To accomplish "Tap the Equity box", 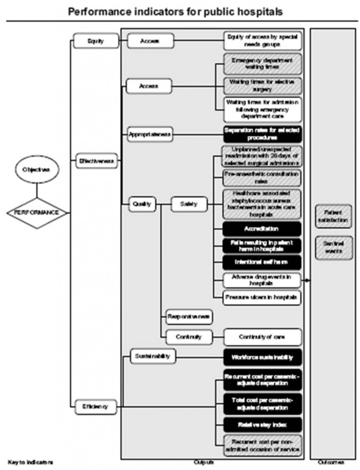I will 96,41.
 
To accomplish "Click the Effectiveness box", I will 96,161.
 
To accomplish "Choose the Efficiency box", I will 96,407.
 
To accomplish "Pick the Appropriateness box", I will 149,134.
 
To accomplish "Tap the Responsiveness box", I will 190,317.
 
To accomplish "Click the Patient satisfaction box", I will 333,217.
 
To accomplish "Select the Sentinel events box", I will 333,247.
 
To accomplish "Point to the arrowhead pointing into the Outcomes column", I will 307,280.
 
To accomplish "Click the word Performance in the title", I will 99,11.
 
